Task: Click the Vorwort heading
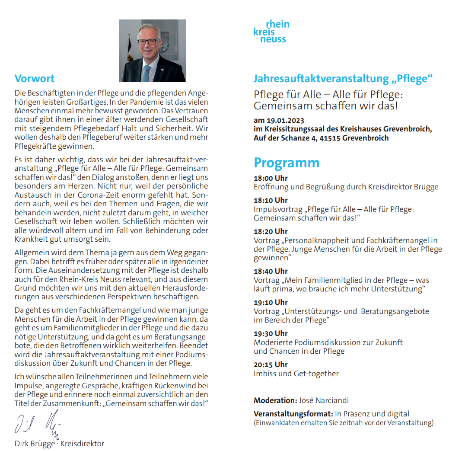[35, 79]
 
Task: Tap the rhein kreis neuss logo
[271, 32]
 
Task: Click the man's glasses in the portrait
[148, 42]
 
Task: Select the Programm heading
[287, 163]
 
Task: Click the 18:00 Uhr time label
[271, 178]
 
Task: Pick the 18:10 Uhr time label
[271, 200]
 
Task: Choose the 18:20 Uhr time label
[271, 231]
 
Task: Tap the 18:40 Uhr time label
[271, 271]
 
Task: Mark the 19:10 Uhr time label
[271, 302]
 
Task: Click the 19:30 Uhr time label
[271, 333]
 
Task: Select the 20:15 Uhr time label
[271, 365]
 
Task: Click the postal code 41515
[330, 138]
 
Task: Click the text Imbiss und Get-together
[296, 374]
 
